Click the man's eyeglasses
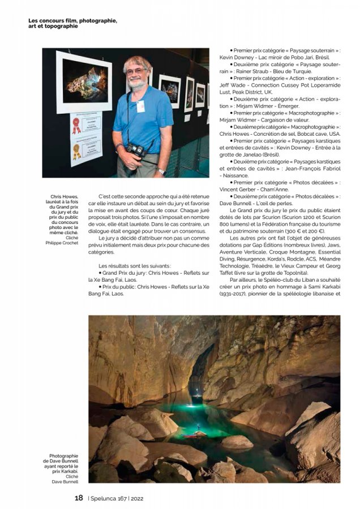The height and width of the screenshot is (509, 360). click(137, 71)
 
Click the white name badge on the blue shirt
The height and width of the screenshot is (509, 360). click(140, 106)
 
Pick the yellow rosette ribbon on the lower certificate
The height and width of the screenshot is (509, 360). click(76, 151)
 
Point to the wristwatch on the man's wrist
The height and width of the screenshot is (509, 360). click(162, 170)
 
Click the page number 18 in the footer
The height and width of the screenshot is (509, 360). click(79, 498)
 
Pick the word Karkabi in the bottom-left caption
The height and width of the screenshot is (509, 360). click(67, 471)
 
